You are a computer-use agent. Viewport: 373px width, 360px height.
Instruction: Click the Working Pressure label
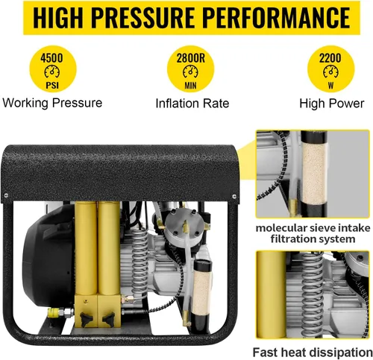[x=51, y=102]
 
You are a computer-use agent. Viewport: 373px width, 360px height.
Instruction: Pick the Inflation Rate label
[x=192, y=102]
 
